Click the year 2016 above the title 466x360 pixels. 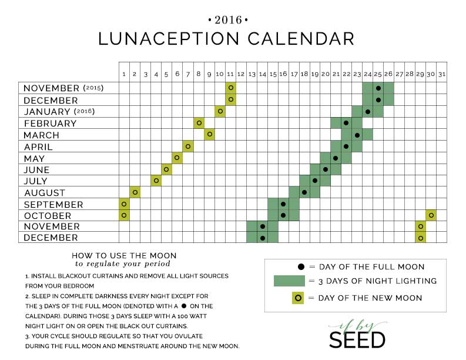point(228,20)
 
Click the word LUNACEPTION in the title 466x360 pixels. point(169,39)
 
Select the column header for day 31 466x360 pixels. point(442,74)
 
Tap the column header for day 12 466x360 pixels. point(241,74)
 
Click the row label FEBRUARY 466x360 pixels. point(50,123)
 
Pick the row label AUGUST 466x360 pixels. point(45,193)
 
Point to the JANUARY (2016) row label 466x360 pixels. point(59,112)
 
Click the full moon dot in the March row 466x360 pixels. point(357,135)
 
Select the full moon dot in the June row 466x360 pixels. point(326,169)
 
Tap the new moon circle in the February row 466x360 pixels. point(199,123)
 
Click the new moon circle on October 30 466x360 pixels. point(431,215)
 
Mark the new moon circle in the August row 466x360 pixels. point(135,192)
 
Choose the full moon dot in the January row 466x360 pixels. point(368,112)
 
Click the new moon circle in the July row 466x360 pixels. point(156,181)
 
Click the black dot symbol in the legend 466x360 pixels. point(301,267)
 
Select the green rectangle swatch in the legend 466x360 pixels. point(289,281)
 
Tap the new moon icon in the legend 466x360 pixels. point(298,298)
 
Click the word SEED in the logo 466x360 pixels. point(357,340)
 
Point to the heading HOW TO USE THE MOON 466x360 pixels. point(124,255)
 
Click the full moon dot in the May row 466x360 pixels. point(336,158)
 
